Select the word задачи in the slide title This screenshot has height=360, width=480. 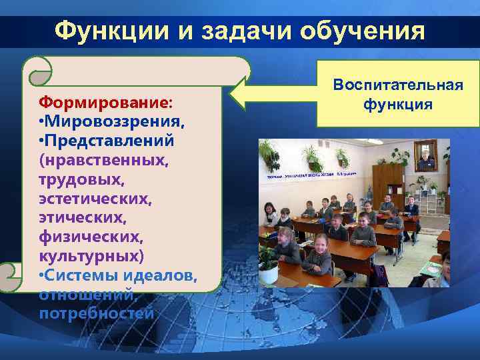click(x=241, y=30)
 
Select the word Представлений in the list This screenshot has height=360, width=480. click(x=109, y=141)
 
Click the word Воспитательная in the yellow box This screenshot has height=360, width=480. click(x=397, y=86)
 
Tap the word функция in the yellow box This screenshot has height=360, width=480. click(x=397, y=105)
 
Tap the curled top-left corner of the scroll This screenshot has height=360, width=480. click(x=37, y=69)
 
